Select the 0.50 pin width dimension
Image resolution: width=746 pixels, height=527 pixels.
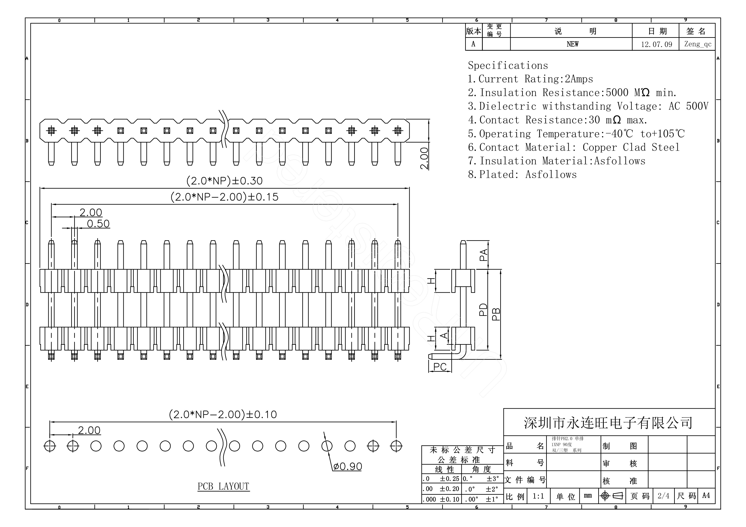[98, 224]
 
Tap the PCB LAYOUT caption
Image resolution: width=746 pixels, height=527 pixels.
[223, 486]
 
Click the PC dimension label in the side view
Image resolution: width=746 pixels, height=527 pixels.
[440, 367]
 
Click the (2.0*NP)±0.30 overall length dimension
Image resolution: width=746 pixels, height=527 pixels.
[224, 181]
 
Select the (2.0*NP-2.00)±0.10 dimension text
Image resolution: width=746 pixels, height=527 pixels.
[223, 415]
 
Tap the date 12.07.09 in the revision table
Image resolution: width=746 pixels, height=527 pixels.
[656, 44]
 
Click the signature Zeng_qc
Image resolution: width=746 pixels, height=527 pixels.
[698, 44]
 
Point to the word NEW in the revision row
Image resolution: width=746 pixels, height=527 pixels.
[573, 44]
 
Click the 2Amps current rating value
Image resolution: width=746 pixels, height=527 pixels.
[579, 79]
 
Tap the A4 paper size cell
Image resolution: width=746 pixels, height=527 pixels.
[706, 496]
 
